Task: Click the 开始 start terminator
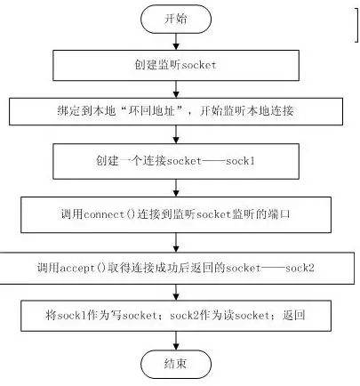176,19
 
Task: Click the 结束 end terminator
176,364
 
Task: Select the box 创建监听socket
176,65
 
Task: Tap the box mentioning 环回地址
176,111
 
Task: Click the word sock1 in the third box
240,161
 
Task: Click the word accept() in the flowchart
83,268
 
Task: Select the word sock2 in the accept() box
300,268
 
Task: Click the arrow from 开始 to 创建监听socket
176,42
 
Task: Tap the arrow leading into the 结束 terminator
176,341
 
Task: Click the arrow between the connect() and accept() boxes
176,243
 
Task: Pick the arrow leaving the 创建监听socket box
176,89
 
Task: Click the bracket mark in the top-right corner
356,25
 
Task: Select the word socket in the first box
198,65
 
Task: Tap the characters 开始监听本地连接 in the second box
246,111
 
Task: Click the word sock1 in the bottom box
72,315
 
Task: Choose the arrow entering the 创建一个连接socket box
176,134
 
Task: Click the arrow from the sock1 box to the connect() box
176,188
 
